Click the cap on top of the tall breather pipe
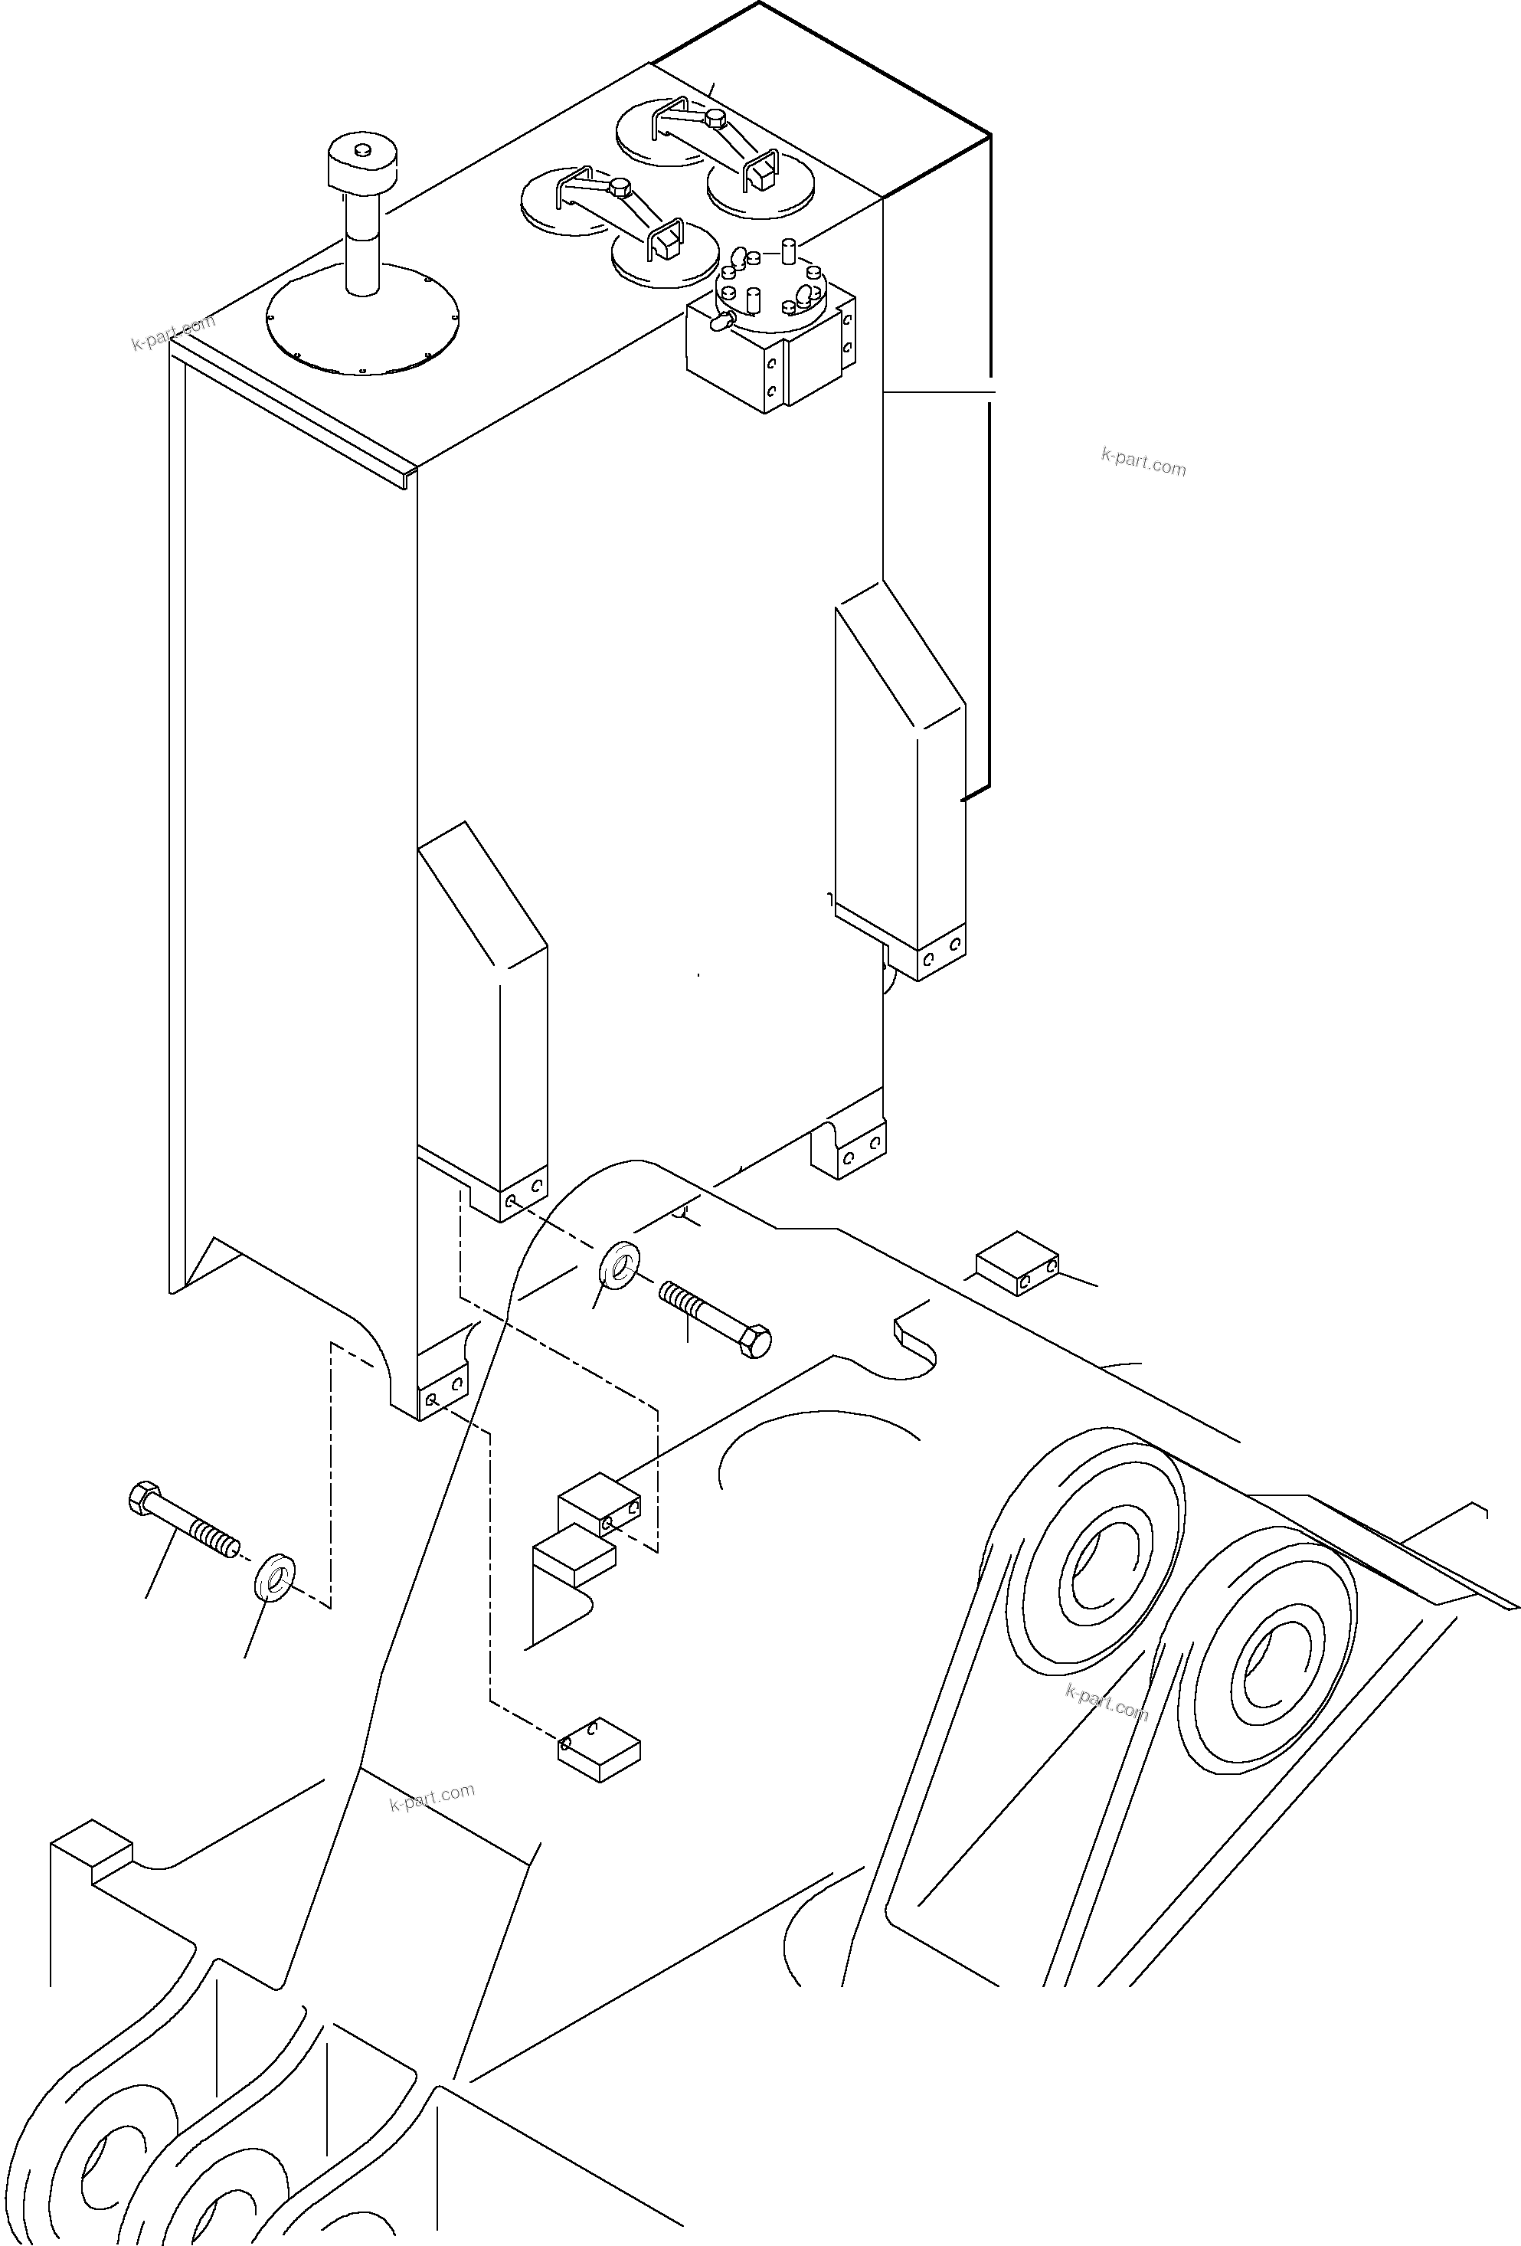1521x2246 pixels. coord(362,163)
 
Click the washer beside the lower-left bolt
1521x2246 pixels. coord(274,1573)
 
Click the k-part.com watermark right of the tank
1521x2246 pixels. coord(1143,463)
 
